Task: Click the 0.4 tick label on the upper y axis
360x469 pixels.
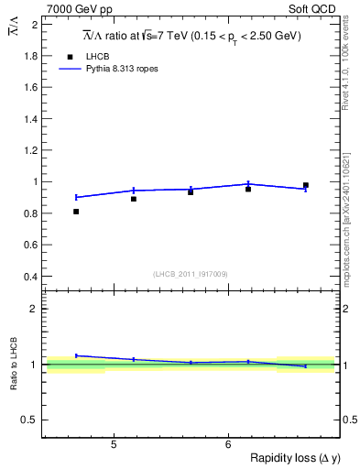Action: click(31, 277)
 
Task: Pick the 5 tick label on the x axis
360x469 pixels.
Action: click(113, 445)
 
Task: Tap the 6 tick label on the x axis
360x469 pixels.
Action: click(227, 445)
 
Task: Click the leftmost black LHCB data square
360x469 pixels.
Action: click(76, 212)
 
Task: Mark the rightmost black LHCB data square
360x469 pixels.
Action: click(306, 185)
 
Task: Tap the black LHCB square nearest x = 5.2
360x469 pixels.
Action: click(134, 199)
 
